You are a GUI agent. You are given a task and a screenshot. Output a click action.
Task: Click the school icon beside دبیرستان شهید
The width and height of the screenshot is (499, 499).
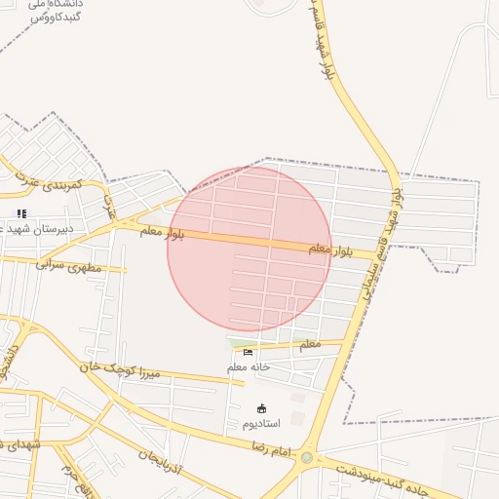pos(21,213)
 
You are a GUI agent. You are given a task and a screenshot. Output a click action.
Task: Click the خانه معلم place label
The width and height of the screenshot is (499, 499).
pos(249,367)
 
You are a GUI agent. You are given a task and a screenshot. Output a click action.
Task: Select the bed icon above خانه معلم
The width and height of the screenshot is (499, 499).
pos(248,353)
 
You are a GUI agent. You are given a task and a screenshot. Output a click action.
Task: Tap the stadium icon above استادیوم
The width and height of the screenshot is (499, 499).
pos(260,408)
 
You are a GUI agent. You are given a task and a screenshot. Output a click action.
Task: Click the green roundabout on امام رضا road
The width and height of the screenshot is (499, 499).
pos(307,457)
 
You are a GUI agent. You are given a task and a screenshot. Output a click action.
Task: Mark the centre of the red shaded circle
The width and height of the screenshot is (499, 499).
pos(249,249)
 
